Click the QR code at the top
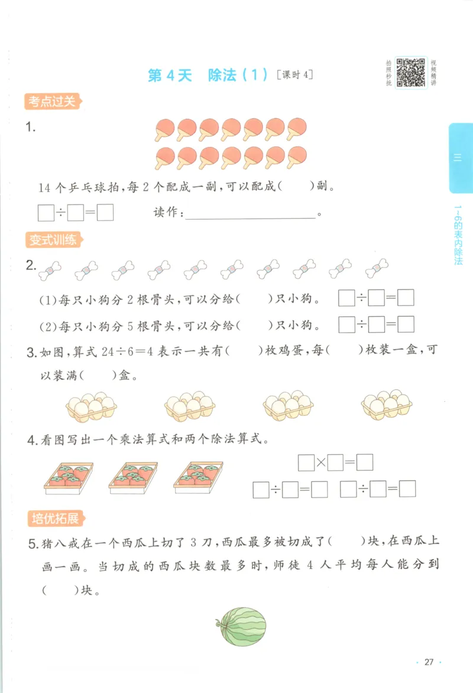tap(411, 72)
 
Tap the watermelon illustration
tap(241, 626)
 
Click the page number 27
tap(429, 662)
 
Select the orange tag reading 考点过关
tap(52, 102)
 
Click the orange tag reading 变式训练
tap(52, 240)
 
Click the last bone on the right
tap(377, 269)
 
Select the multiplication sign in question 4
tap(320, 463)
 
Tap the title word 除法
tap(222, 76)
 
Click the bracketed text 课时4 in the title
tap(293, 75)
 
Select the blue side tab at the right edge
tap(461, 158)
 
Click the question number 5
tap(32, 542)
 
